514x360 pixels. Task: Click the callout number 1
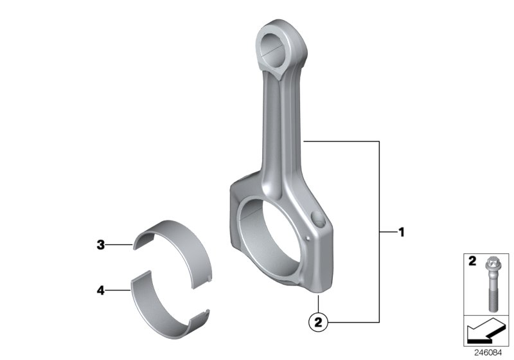tap(402, 232)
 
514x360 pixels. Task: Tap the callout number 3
tap(100, 244)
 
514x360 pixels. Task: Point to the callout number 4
tap(100, 291)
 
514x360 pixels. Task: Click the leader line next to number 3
tap(120, 245)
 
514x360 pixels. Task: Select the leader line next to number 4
tap(118, 291)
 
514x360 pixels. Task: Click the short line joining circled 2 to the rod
tap(317, 305)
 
